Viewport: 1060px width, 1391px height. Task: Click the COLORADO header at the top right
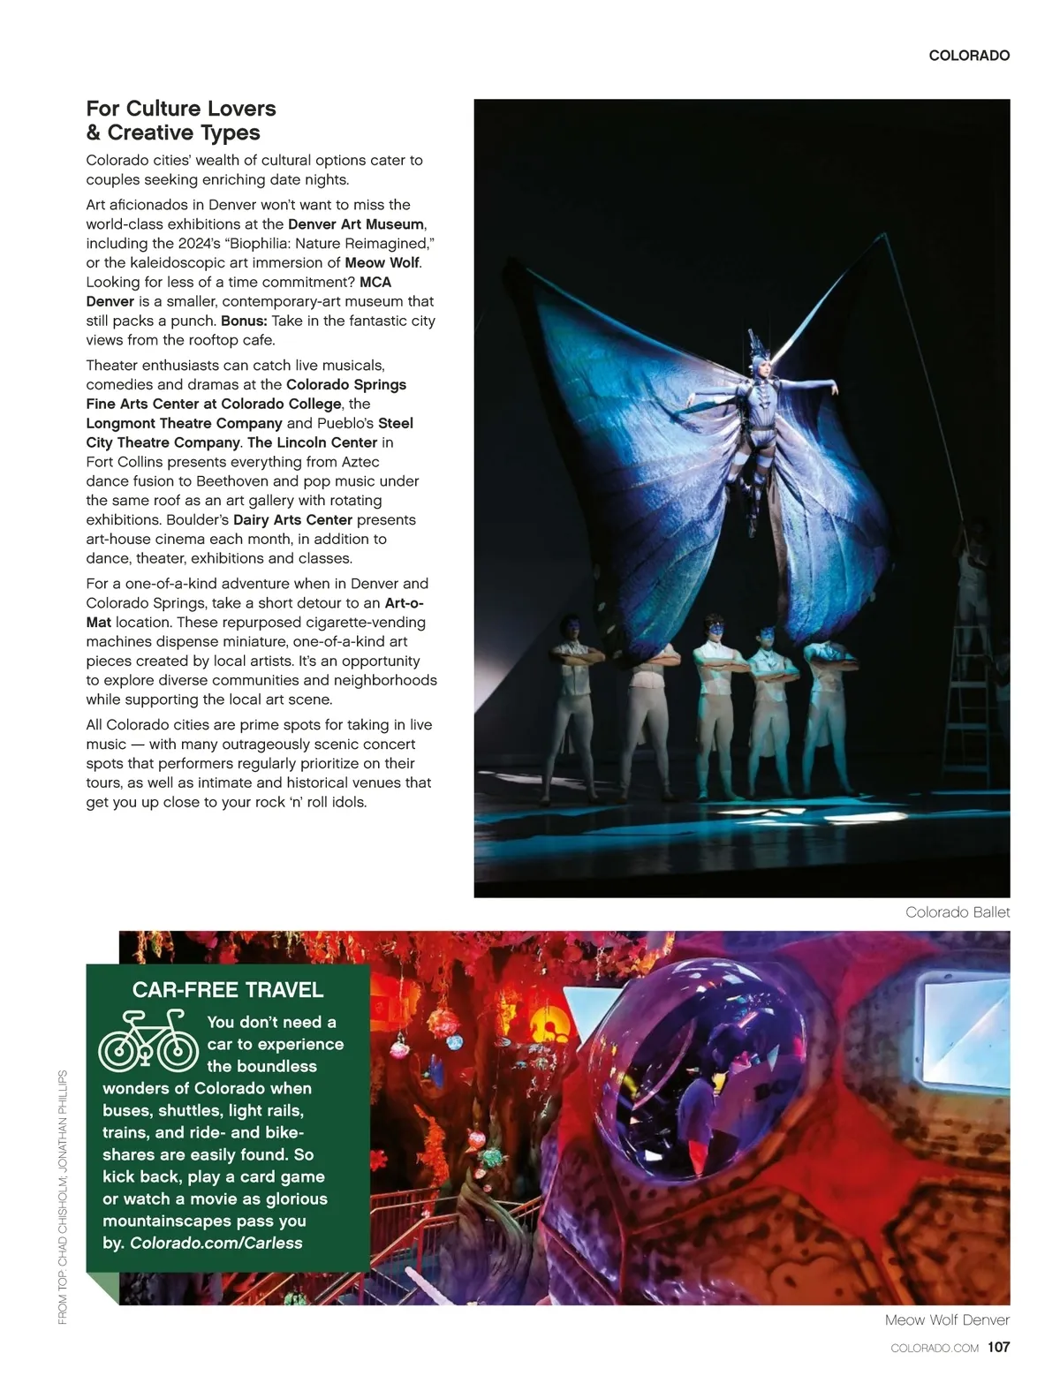[968, 56]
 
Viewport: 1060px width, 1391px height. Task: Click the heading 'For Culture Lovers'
[181, 109]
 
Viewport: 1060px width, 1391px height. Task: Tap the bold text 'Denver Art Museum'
[356, 224]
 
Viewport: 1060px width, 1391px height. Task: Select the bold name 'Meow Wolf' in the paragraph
[382, 263]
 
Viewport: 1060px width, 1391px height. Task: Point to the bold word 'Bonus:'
[244, 321]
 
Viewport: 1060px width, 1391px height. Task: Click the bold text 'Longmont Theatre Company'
[184, 424]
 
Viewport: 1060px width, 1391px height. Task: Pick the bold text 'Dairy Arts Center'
[292, 520]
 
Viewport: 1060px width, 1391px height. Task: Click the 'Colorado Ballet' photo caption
[957, 912]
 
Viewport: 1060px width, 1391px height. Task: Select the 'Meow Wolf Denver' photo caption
[947, 1320]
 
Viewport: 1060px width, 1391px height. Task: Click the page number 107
[998, 1348]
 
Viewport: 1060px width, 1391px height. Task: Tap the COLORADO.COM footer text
[935, 1349]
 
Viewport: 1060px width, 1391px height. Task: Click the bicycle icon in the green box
[148, 1042]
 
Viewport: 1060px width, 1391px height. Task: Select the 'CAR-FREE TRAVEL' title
[228, 990]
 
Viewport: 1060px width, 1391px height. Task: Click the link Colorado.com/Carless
[216, 1244]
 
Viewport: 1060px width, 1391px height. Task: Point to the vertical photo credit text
[63, 1197]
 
